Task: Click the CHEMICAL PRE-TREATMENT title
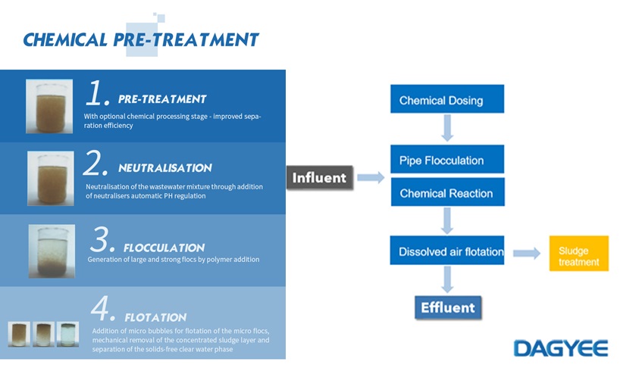(141, 39)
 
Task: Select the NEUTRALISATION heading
(165, 168)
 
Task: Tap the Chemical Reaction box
(446, 193)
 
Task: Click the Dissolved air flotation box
(447, 251)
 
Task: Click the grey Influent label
(320, 178)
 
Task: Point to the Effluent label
(447, 307)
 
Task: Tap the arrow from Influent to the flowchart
(370, 178)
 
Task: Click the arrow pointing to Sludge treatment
(526, 253)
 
